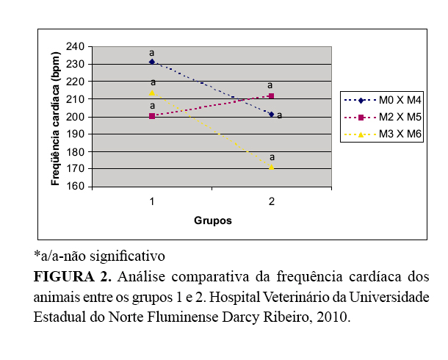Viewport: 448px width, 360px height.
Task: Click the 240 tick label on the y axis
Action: (75, 46)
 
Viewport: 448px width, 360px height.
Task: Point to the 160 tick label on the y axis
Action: (75, 187)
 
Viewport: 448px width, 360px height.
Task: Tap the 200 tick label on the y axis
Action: (75, 116)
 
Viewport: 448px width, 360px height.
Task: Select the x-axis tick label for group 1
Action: (151, 201)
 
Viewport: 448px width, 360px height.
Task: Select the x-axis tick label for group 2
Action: (271, 201)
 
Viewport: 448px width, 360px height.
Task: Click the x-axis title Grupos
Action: (213, 220)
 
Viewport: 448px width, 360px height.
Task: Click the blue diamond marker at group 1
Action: (151, 62)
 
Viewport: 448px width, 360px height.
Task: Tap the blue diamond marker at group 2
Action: (272, 114)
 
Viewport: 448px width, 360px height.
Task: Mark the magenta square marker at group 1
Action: (151, 115)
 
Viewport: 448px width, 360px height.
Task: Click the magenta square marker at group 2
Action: (272, 96)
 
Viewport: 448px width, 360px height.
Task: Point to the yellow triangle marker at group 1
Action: (152, 92)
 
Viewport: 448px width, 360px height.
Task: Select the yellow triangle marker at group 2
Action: (272, 168)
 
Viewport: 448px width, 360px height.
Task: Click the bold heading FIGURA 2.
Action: (72, 278)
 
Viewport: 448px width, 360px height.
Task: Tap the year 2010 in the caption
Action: (334, 318)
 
